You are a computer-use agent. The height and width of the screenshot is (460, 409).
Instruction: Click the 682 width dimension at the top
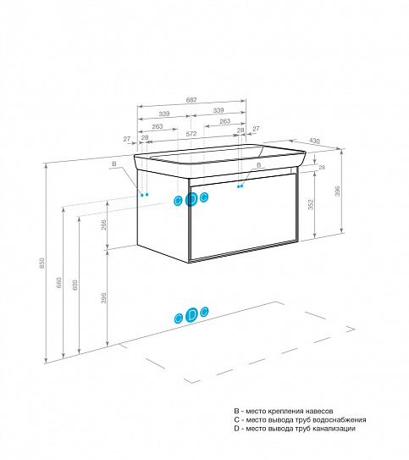(191, 100)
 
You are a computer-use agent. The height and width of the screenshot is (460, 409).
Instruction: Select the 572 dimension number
(191, 134)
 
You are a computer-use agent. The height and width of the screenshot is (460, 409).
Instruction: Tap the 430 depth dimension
(314, 141)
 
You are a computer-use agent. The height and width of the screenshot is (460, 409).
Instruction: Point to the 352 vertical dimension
(311, 205)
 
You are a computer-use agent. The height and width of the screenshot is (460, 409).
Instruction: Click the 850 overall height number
(42, 263)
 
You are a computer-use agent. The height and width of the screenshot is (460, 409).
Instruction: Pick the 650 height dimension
(59, 282)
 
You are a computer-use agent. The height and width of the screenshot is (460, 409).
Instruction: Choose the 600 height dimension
(75, 285)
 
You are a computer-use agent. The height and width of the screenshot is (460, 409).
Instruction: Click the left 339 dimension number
(164, 114)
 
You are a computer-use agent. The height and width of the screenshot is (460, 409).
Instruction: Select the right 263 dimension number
(225, 121)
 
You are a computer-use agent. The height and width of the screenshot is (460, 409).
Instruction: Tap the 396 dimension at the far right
(338, 191)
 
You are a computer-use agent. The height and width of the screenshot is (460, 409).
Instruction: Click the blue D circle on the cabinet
(191, 200)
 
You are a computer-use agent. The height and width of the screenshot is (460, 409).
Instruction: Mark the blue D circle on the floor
(191, 315)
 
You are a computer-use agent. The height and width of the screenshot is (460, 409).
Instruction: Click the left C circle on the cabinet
(178, 201)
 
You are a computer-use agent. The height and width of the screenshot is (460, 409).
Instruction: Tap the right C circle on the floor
(204, 312)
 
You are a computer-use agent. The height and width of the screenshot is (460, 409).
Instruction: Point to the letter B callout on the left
(114, 163)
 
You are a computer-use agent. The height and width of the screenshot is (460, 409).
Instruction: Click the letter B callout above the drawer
(258, 165)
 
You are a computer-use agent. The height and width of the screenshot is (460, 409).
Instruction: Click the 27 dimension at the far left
(127, 139)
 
